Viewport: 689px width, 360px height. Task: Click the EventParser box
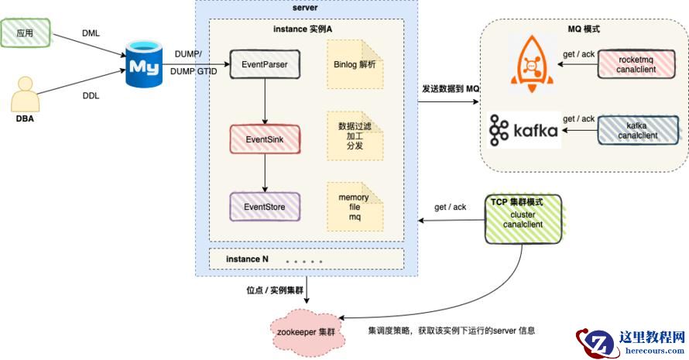pos(266,64)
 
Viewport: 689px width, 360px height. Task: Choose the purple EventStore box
pos(266,207)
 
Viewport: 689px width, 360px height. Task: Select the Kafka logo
pos(523,131)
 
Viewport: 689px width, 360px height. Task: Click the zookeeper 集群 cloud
pos(307,331)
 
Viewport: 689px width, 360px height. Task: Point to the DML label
pos(91,33)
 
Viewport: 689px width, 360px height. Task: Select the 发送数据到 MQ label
pos(451,90)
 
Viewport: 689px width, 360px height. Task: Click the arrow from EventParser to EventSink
pos(265,100)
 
